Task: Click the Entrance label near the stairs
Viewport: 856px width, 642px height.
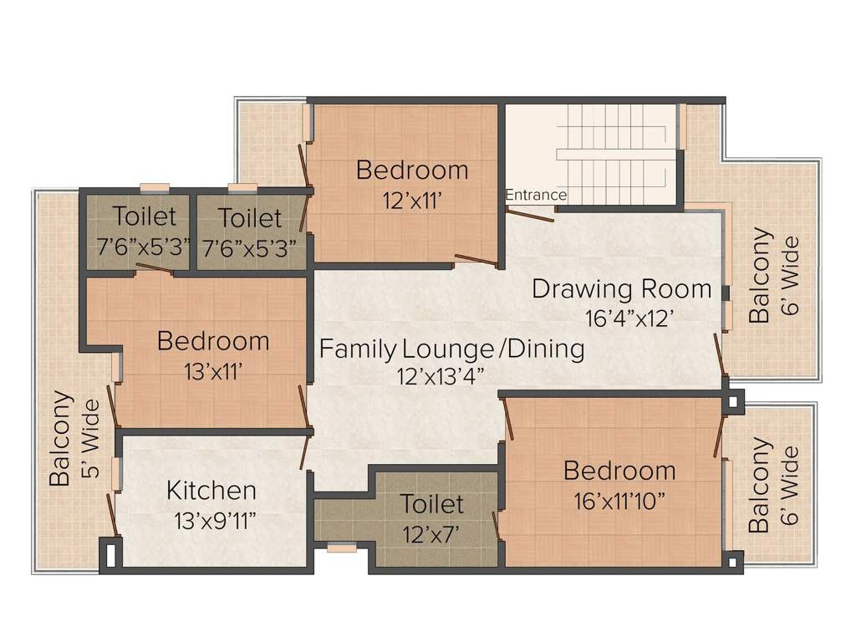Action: click(x=536, y=195)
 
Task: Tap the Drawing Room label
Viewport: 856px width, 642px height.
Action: click(x=622, y=288)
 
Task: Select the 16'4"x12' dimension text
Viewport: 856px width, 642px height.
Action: click(x=626, y=318)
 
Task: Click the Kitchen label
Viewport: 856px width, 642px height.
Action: click(x=211, y=490)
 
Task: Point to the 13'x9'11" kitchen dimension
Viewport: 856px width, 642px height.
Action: click(x=215, y=522)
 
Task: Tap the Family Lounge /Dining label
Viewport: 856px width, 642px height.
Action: click(x=451, y=349)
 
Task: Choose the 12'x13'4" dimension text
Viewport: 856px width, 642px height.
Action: click(x=441, y=377)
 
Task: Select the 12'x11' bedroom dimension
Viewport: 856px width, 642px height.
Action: click(x=411, y=201)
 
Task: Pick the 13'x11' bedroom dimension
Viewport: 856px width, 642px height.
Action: click(x=213, y=372)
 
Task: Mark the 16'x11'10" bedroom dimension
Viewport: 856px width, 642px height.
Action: click(x=619, y=502)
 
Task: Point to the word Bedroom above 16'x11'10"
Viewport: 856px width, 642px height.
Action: click(x=619, y=471)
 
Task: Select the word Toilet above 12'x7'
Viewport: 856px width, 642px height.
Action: click(x=431, y=503)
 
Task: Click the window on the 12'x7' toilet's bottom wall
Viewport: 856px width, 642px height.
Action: click(x=342, y=548)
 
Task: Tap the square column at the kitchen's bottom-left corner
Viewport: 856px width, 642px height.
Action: click(x=111, y=554)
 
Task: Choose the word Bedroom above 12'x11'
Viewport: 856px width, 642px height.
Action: click(x=412, y=170)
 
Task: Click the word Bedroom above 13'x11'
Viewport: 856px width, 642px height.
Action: click(x=213, y=341)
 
